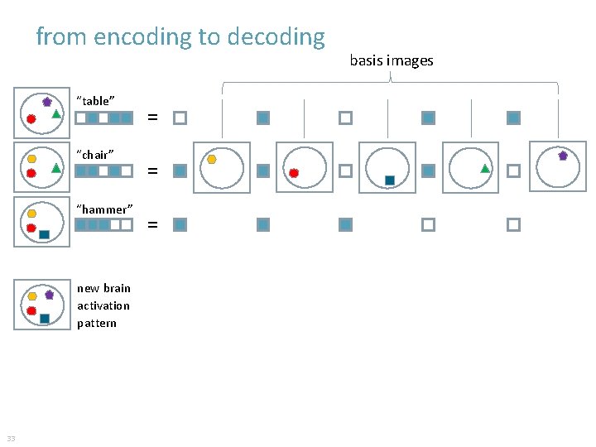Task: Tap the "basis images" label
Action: [x=391, y=60]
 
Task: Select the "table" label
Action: [x=95, y=101]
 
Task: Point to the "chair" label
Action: [x=95, y=155]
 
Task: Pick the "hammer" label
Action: [x=104, y=209]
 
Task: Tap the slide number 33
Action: [x=11, y=438]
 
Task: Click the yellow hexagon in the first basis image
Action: [x=212, y=159]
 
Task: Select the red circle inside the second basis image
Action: [x=294, y=174]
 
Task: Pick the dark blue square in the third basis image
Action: [x=389, y=180]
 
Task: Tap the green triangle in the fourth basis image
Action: [x=486, y=168]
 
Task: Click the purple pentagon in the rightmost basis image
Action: [x=563, y=155]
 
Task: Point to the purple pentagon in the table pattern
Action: [x=47, y=102]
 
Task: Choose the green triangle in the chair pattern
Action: [x=55, y=167]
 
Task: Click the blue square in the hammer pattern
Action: [x=44, y=234]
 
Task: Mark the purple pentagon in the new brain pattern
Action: [x=49, y=294]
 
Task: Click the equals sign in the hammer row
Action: [x=152, y=224]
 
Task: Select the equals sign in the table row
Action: [x=152, y=118]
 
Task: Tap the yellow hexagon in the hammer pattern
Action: [x=31, y=213]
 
